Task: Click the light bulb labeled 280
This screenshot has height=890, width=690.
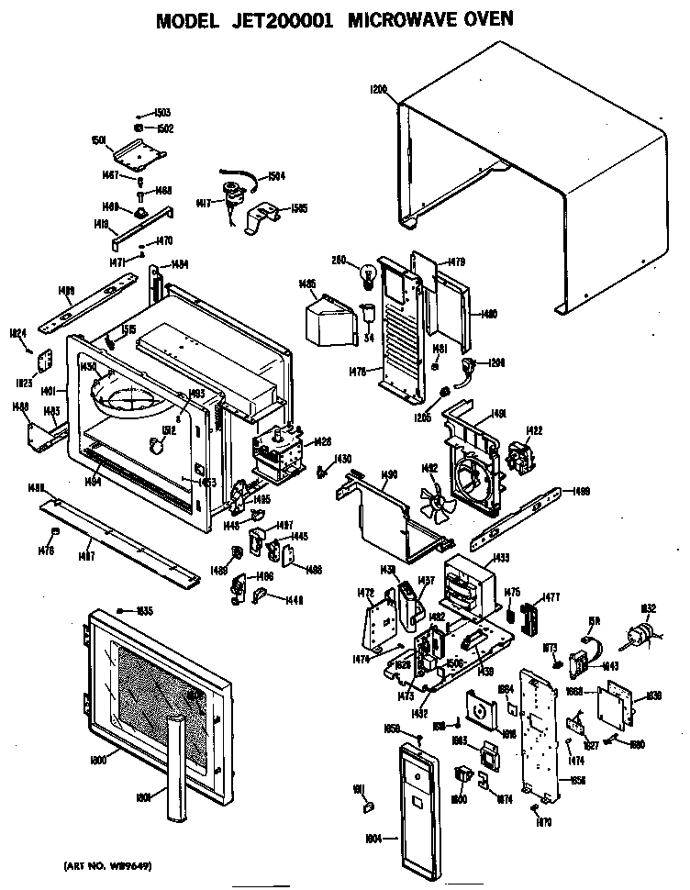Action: click(369, 273)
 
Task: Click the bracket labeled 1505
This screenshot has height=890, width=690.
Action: click(261, 217)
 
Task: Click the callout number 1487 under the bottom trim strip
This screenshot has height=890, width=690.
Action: click(85, 556)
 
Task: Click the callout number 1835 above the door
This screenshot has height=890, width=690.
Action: click(143, 610)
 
